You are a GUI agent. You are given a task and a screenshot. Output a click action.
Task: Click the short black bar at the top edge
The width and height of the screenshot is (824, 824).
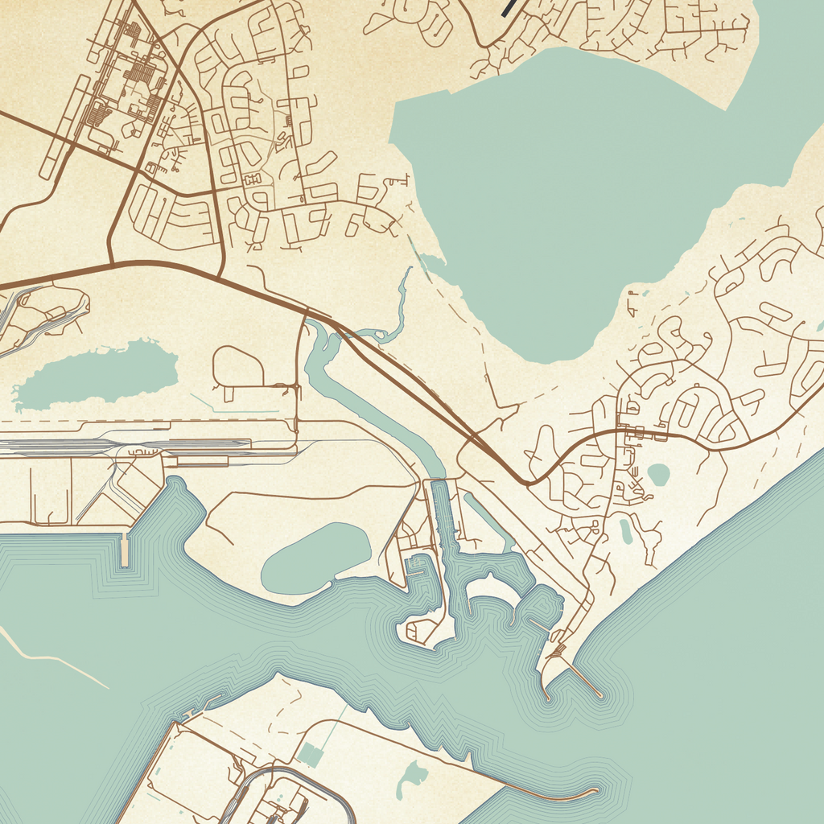[509, 8]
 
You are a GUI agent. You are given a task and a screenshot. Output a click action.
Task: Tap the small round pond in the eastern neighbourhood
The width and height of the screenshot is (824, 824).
[658, 475]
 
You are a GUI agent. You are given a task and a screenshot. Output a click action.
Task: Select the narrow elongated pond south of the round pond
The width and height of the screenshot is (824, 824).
[626, 530]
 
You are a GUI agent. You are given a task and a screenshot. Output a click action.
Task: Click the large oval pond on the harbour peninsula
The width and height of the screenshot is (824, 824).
[315, 558]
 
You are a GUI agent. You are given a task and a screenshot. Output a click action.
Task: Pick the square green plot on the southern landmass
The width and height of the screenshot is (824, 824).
[310, 755]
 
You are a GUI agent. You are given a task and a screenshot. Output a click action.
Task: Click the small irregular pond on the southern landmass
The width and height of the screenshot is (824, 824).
[413, 777]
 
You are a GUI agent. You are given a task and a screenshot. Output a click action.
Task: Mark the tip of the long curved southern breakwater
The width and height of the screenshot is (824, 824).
[595, 791]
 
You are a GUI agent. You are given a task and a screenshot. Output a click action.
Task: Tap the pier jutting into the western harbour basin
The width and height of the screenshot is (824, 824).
[124, 549]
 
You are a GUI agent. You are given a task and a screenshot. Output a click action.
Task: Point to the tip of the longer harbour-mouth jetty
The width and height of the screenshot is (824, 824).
[599, 694]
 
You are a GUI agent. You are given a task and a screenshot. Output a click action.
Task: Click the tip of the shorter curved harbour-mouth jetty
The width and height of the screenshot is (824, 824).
[547, 698]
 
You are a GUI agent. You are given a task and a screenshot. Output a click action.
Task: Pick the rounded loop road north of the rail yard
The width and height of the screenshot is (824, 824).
[237, 367]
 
